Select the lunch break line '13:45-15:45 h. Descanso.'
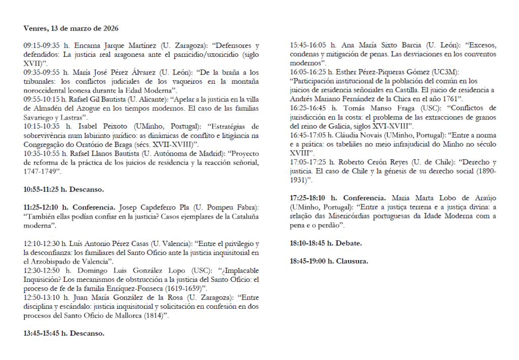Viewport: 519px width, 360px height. [63, 333]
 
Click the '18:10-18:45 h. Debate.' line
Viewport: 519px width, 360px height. [325, 243]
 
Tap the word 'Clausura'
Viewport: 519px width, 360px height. [350, 261]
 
